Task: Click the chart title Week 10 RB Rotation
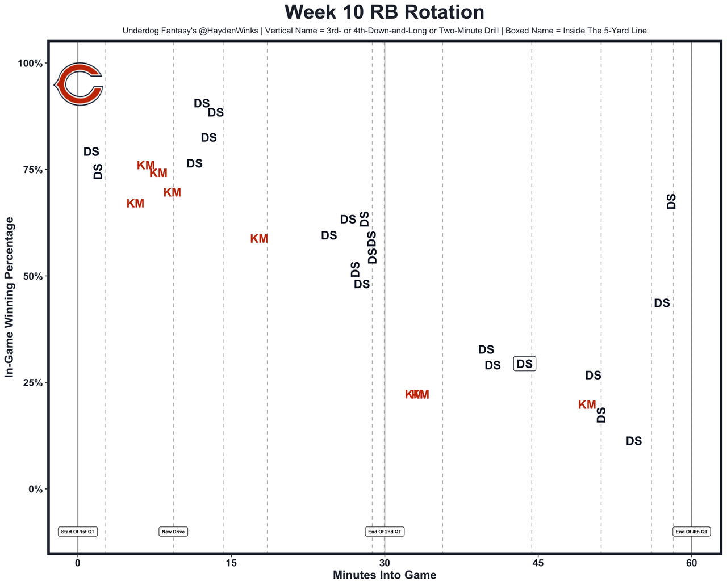click(385, 12)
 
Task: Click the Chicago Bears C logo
click(78, 84)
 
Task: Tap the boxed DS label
click(525, 364)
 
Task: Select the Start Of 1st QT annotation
click(78, 532)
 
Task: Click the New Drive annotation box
click(173, 532)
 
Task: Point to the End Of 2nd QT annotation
click(385, 532)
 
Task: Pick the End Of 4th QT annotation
click(691, 532)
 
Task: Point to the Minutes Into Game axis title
click(385, 575)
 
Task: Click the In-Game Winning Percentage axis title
click(9, 297)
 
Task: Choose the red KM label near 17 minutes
click(259, 239)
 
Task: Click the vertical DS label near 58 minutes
click(671, 201)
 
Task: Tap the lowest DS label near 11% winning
click(634, 441)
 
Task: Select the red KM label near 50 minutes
click(587, 404)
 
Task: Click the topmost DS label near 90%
click(202, 103)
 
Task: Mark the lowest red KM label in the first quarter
click(135, 203)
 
